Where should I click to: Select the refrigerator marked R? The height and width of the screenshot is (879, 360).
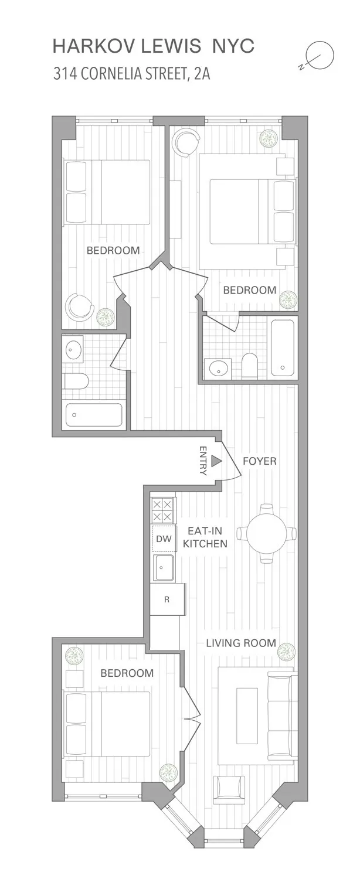[167, 599]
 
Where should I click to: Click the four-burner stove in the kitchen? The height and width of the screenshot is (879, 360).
[163, 510]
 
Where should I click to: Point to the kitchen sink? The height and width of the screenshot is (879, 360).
[164, 567]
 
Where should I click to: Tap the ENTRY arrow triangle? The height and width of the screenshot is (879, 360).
[216, 462]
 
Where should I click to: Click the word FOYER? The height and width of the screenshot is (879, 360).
[259, 461]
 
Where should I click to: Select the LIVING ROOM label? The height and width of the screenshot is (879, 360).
[240, 643]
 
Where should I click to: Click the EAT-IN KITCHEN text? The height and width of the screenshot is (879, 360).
[205, 537]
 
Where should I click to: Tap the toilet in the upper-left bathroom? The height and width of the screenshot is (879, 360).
[76, 382]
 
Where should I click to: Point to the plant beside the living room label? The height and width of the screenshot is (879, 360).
[286, 651]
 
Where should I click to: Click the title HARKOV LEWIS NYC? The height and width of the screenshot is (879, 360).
[154, 46]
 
